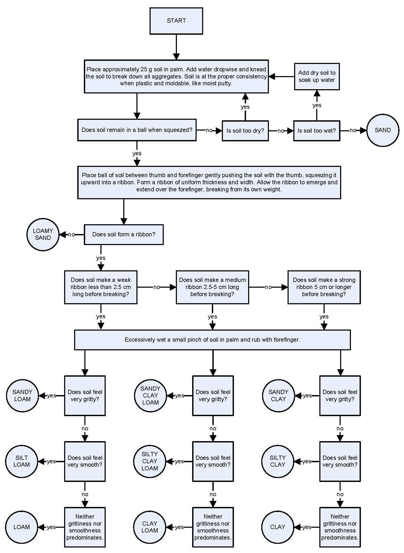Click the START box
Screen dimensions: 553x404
click(x=176, y=21)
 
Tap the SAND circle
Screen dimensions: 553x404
click(x=382, y=130)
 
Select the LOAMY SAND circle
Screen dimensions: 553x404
click(x=43, y=234)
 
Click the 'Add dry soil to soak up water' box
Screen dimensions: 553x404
click(x=316, y=76)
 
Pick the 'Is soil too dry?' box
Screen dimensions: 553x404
click(x=245, y=131)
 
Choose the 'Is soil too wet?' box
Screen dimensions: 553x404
click(x=316, y=131)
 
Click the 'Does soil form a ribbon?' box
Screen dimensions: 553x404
click(x=124, y=234)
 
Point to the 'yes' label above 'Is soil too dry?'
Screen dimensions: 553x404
click(x=245, y=107)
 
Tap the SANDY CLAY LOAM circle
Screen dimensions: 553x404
click(x=150, y=395)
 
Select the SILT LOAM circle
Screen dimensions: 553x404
click(x=22, y=461)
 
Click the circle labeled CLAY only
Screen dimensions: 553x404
click(x=277, y=527)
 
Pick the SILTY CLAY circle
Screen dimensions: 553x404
click(x=277, y=461)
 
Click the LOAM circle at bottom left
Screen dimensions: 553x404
click(x=22, y=527)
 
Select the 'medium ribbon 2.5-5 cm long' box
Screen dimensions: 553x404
click(x=212, y=287)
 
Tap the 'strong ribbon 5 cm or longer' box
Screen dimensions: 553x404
click(x=324, y=287)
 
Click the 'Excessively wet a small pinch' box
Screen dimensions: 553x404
click(x=212, y=340)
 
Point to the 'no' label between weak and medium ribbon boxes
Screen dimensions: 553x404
click(x=156, y=287)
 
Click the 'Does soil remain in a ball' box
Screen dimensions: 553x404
click(x=137, y=130)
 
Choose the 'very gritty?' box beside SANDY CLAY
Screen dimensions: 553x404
click(x=340, y=395)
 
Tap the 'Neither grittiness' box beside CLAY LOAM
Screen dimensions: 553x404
click(x=213, y=527)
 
